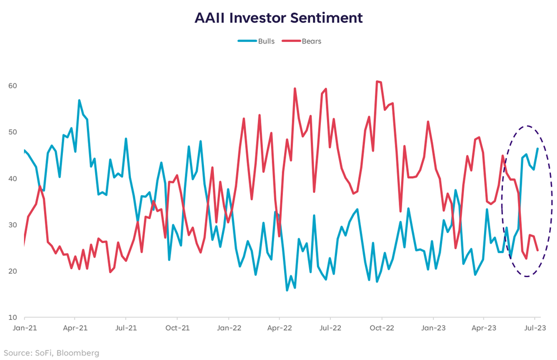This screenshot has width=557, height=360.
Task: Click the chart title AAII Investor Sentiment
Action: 278,18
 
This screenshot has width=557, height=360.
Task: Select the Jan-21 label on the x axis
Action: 24,328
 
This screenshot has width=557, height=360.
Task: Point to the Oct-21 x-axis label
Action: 177,328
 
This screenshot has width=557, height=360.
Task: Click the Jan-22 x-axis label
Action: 228,328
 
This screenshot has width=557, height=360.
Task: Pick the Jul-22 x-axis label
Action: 330,328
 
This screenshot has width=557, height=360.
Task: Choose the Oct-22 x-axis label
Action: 382,328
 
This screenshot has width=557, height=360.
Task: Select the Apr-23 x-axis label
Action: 483,328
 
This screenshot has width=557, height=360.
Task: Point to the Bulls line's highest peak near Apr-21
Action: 80,100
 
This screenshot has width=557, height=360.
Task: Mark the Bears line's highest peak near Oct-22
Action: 377,81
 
